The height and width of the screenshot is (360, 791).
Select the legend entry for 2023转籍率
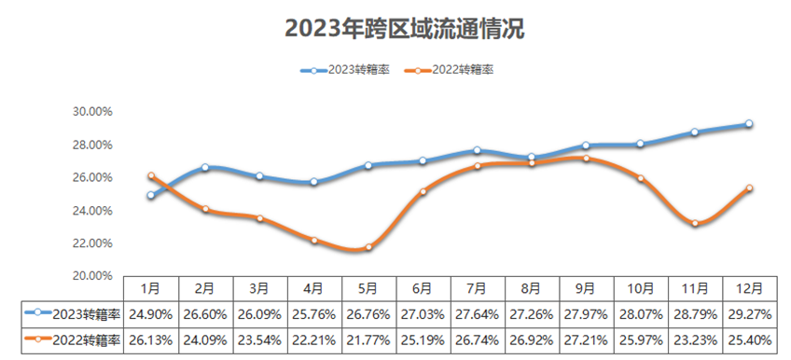[346, 70]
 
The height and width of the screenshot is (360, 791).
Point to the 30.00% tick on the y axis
[92, 111]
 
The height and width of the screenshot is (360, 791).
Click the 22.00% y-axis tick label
[92, 243]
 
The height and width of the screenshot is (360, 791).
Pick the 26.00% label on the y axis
[92, 177]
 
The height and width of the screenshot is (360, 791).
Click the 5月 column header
[368, 288]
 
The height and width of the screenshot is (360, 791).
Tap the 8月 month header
[532, 288]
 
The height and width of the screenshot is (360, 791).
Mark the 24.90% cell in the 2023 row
[149, 312]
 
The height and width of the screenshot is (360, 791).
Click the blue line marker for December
[749, 124]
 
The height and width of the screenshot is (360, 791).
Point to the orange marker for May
[368, 247]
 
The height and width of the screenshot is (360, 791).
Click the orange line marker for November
[695, 223]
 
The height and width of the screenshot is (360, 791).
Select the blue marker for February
[204, 167]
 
